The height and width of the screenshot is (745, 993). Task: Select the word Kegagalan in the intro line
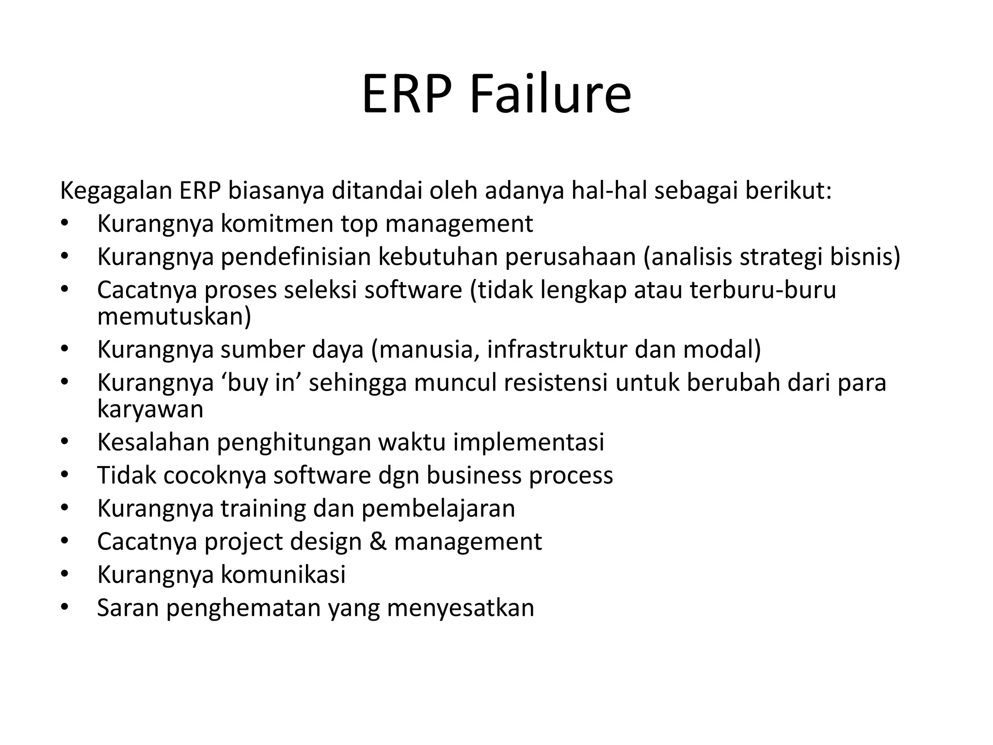click(116, 191)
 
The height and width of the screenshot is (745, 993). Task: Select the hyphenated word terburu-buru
click(763, 290)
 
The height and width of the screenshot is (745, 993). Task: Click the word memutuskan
click(174, 316)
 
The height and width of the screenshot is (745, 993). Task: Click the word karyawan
click(150, 409)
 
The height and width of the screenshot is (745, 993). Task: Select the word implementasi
click(529, 442)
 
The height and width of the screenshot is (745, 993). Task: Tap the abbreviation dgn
click(399, 475)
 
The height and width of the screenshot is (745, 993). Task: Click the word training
click(263, 508)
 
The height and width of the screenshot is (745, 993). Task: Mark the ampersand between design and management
click(378, 541)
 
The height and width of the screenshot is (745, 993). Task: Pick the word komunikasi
click(283, 574)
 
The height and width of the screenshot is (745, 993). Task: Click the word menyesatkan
click(460, 608)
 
